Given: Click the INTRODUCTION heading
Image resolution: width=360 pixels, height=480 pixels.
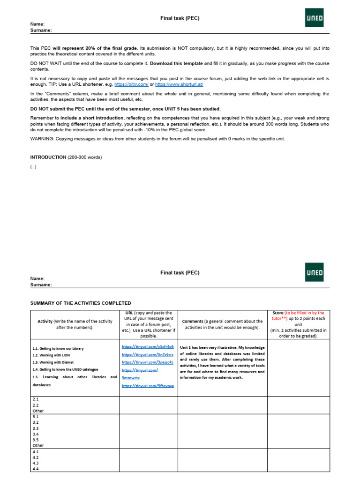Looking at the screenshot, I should tap(48, 157).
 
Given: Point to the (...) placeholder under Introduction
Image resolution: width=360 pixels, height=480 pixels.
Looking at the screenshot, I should tap(33, 166).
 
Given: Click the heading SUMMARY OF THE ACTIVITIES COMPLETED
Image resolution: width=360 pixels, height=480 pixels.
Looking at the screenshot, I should tap(81, 303).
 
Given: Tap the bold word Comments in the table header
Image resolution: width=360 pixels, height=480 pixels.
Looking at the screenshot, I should tap(192, 321).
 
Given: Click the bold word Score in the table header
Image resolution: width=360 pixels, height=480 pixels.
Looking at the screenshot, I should tap(278, 313).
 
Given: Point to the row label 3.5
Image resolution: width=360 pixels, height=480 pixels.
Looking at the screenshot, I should tap(36, 440).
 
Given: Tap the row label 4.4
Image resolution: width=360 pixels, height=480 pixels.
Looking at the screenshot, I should tap(36, 469).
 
